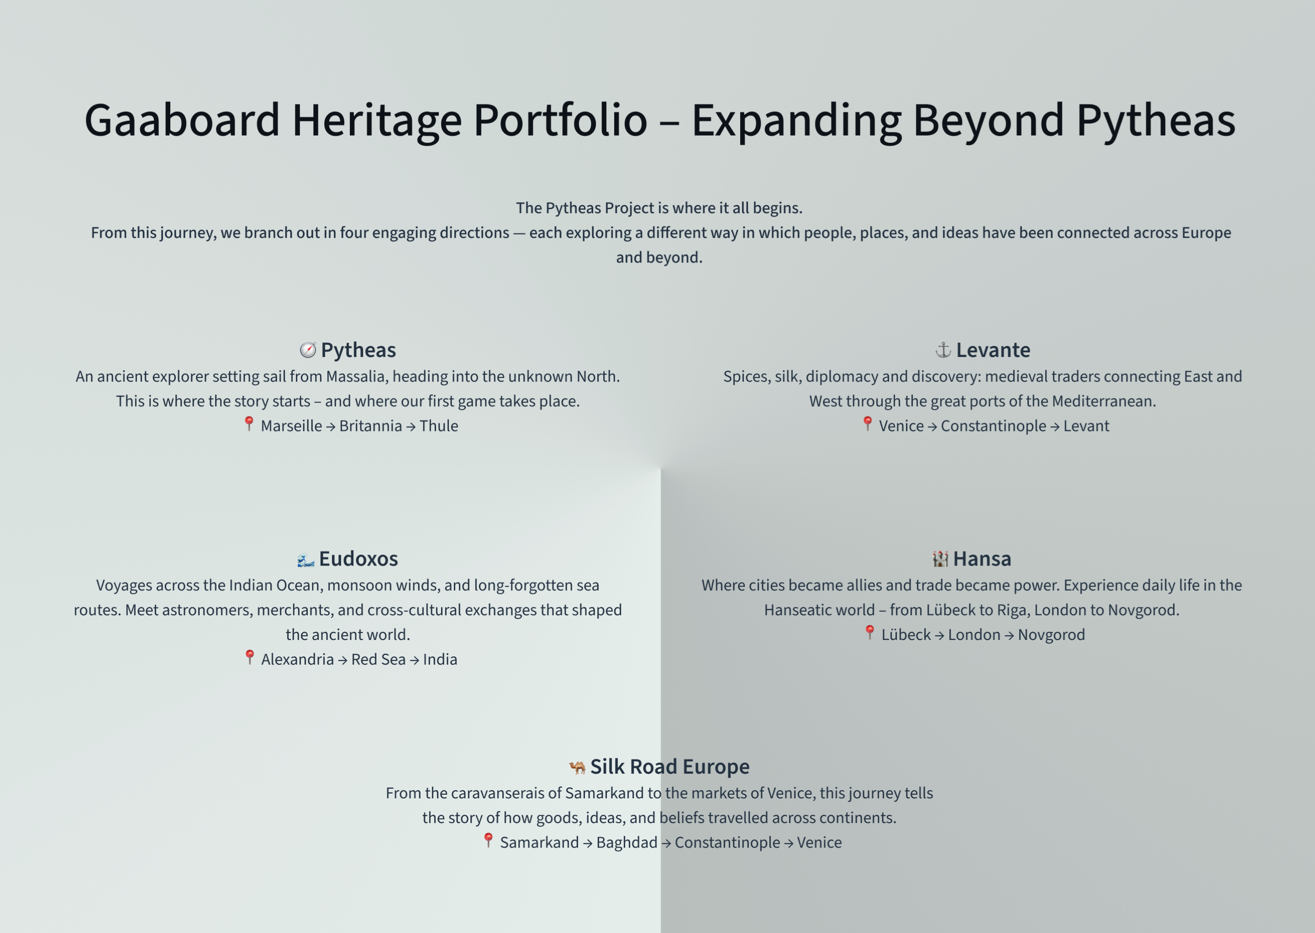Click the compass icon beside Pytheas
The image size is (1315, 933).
coord(307,350)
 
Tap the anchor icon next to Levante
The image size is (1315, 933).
coord(943,350)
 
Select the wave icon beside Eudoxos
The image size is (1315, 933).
coord(305,559)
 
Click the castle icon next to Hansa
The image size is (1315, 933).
coord(940,559)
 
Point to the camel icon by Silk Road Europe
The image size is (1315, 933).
coord(577,767)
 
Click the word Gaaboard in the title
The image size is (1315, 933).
coord(182,121)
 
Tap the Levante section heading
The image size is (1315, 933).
coord(993,350)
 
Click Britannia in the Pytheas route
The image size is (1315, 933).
coord(370,426)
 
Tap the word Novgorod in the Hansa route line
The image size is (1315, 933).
coord(1051,635)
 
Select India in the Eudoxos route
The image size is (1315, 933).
coord(440,660)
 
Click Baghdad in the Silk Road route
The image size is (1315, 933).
coord(626,843)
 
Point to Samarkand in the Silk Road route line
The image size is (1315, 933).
coord(539,843)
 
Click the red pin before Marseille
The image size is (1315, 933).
coord(249,424)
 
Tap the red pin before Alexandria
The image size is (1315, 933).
coord(249,657)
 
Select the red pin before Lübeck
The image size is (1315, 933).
coord(869,633)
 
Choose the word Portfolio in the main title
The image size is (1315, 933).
coord(560,121)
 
